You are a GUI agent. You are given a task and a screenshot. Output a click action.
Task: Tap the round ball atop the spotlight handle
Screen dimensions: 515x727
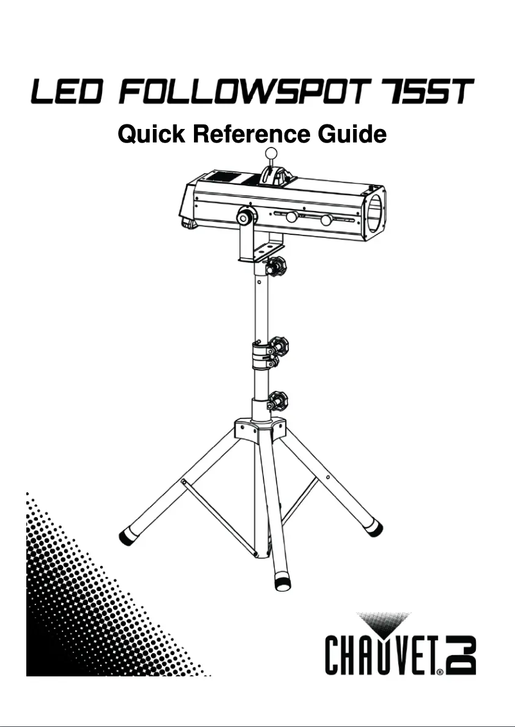tap(273, 153)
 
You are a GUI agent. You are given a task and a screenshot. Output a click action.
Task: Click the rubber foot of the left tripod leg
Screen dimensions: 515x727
tap(125, 536)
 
